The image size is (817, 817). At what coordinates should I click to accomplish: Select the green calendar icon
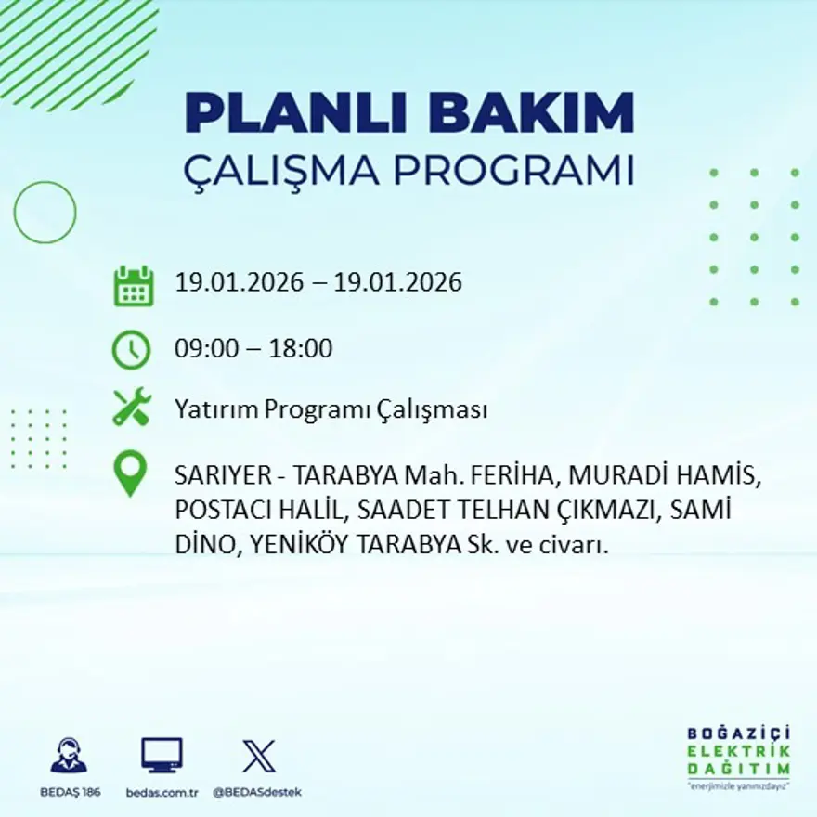(134, 286)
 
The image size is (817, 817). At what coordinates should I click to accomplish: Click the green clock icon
(131, 350)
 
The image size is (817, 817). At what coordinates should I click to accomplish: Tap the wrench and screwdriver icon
(131, 408)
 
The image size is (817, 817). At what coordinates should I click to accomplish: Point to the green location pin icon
(130, 473)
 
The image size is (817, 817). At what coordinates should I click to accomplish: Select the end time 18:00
(301, 349)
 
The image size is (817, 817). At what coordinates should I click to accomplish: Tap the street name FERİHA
(513, 476)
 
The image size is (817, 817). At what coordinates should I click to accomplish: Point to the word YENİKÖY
(293, 547)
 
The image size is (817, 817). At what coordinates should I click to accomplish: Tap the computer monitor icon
(162, 756)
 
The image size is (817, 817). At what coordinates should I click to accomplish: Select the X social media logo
(258, 756)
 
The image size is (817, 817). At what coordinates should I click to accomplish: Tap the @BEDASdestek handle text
(257, 792)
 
